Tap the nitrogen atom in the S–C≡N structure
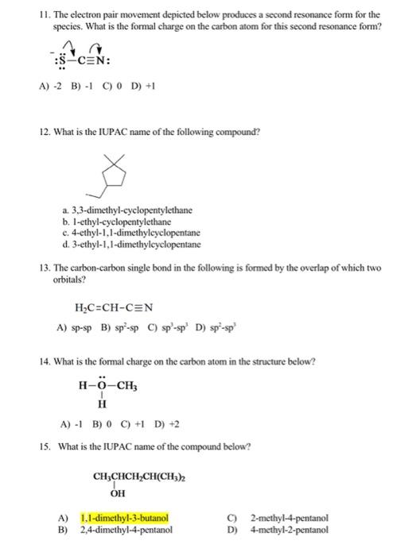point(103,61)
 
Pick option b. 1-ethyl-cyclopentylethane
point(120,222)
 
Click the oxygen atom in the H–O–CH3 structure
point(103,385)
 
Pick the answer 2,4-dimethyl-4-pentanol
point(126,530)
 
